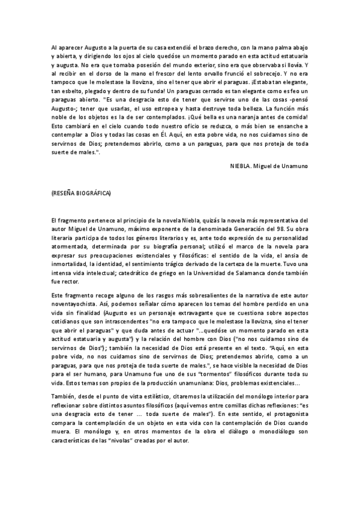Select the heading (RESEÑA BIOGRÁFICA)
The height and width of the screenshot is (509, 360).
coord(82,194)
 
